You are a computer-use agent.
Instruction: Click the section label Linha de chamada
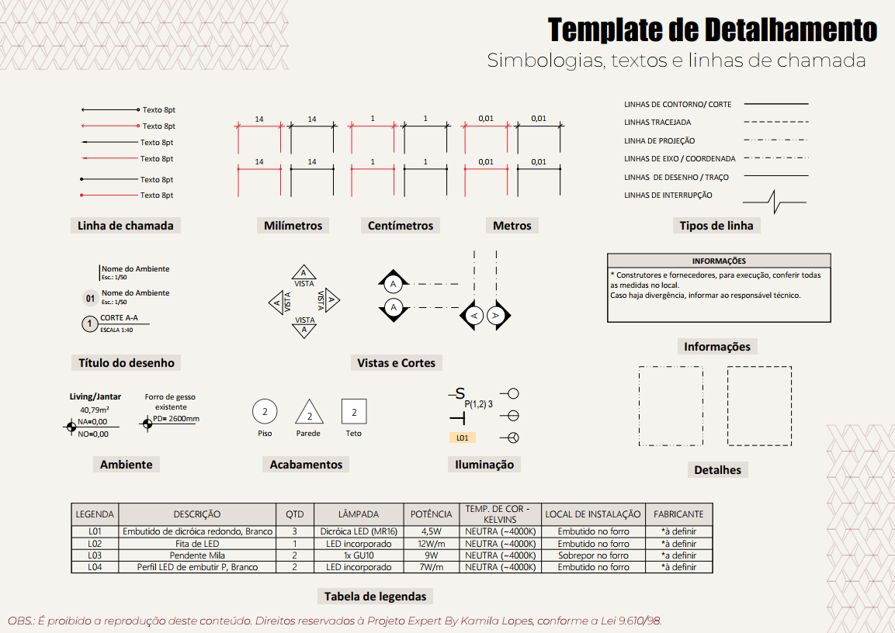click(126, 226)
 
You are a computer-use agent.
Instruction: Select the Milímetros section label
click(293, 226)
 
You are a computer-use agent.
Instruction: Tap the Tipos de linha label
click(716, 226)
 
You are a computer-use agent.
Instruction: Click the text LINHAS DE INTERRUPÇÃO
click(668, 195)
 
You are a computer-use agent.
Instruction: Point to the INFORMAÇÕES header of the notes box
click(719, 261)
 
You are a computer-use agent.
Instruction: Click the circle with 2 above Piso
click(265, 412)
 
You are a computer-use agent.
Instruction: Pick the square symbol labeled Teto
click(354, 412)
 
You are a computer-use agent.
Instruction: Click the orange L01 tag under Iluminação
click(463, 438)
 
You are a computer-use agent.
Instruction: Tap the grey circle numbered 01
click(90, 298)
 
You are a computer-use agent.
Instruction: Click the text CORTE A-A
click(119, 318)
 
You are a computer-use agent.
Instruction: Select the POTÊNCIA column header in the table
click(431, 514)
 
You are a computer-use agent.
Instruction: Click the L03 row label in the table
click(95, 555)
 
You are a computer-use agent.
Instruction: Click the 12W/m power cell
click(431, 544)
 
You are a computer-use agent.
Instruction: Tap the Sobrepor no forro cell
click(593, 555)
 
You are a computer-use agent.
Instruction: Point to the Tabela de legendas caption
click(375, 597)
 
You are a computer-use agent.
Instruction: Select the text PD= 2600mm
click(176, 419)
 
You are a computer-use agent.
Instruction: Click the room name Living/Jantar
click(95, 396)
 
